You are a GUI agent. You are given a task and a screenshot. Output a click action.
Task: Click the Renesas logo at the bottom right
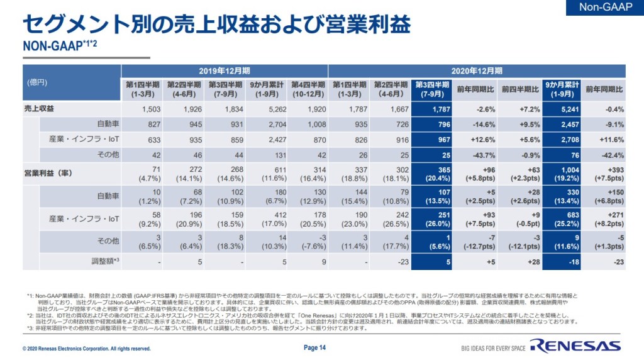coord(575,345)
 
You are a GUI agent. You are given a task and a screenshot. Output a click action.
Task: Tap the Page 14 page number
coord(314,347)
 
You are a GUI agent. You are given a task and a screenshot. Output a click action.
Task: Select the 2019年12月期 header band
coord(224,70)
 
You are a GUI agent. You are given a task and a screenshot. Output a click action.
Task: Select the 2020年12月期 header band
coord(476,70)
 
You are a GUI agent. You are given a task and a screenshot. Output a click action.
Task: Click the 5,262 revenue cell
coord(265,109)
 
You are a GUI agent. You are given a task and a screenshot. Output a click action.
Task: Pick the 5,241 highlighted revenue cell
coord(560,109)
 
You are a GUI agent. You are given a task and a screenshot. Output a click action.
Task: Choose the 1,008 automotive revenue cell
coord(306,124)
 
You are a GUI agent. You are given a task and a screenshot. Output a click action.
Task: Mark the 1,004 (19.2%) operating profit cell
coord(560,173)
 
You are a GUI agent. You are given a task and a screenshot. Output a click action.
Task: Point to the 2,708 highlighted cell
coord(560,139)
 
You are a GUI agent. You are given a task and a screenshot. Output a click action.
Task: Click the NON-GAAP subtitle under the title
coord(59,46)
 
